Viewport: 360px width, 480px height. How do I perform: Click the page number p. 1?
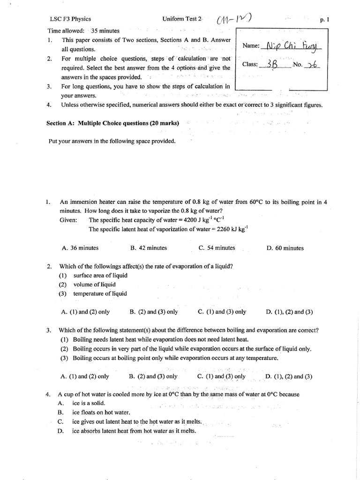pos(324,20)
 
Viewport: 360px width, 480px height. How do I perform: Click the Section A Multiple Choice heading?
pos(112,123)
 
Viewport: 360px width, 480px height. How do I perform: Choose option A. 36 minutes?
pos(80,248)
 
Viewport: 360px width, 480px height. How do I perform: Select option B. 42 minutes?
pos(149,248)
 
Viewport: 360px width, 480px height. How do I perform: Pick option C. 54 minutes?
pos(217,248)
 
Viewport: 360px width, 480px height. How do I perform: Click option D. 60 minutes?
pos(285,248)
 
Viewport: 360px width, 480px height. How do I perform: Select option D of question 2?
pos(289,312)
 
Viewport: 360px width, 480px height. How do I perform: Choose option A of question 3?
pos(85,376)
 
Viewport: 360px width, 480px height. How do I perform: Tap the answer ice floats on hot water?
pos(100,412)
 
